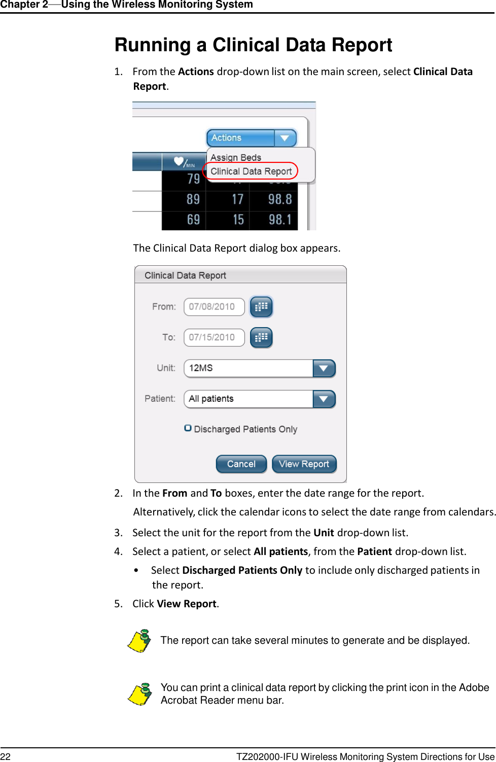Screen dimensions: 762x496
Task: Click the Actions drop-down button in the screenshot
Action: [251, 138]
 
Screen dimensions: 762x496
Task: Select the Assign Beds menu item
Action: [236, 157]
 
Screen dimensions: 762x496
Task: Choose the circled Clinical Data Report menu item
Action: [251, 171]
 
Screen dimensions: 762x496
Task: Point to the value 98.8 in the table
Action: [280, 199]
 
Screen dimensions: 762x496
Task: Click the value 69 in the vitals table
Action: [193, 220]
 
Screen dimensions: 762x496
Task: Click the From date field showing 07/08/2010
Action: [214, 307]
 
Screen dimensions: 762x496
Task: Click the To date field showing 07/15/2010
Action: [214, 337]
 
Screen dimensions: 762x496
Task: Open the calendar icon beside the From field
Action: [261, 307]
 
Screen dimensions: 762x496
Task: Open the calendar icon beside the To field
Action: [261, 337]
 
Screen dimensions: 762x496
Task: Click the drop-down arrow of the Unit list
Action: [324, 368]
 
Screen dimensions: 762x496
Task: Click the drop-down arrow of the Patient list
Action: [324, 399]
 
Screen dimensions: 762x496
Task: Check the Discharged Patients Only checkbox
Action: [188, 428]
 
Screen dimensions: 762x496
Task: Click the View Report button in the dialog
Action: [304, 464]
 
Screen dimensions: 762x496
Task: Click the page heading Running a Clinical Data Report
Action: [253, 45]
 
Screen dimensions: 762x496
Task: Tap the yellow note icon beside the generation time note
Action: [139, 641]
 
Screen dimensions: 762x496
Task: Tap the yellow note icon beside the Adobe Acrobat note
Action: [139, 694]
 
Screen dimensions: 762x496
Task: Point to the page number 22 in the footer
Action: [6, 756]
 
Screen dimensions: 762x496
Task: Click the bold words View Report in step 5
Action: [187, 604]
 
